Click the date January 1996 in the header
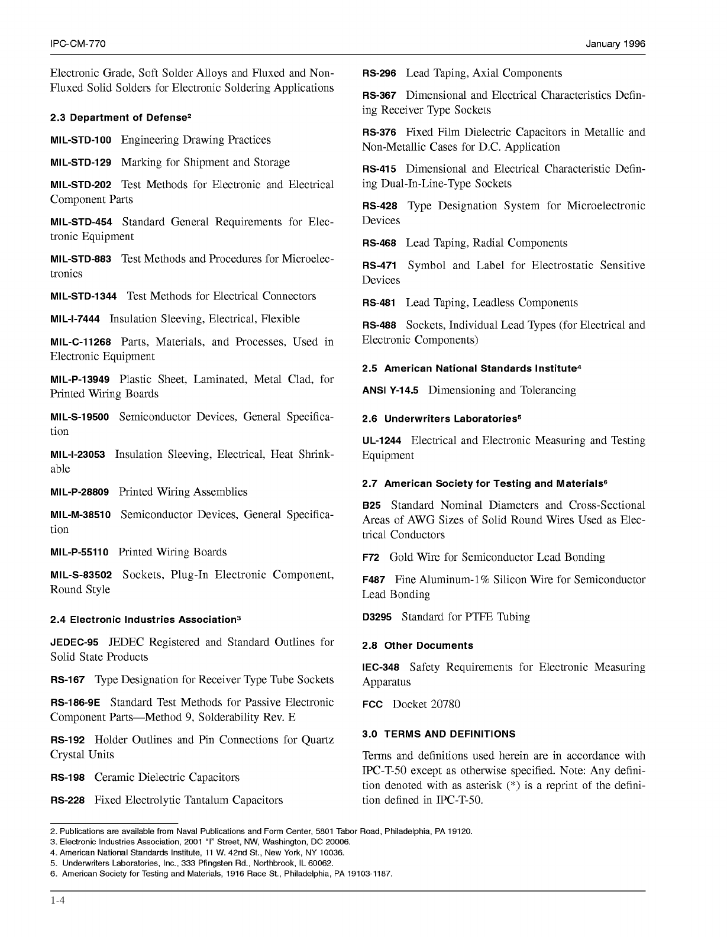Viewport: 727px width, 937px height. [616, 44]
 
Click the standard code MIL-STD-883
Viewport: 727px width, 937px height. [80, 260]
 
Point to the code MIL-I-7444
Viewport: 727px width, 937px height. [75, 319]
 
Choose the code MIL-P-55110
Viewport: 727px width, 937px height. [79, 552]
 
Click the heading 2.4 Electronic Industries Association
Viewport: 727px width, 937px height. [146, 620]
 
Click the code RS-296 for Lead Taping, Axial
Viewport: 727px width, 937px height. [379, 74]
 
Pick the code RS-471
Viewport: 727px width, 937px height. [379, 266]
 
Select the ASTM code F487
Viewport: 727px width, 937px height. [374, 580]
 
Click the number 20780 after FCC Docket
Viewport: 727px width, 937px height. [445, 705]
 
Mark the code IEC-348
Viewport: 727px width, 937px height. [380, 668]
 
